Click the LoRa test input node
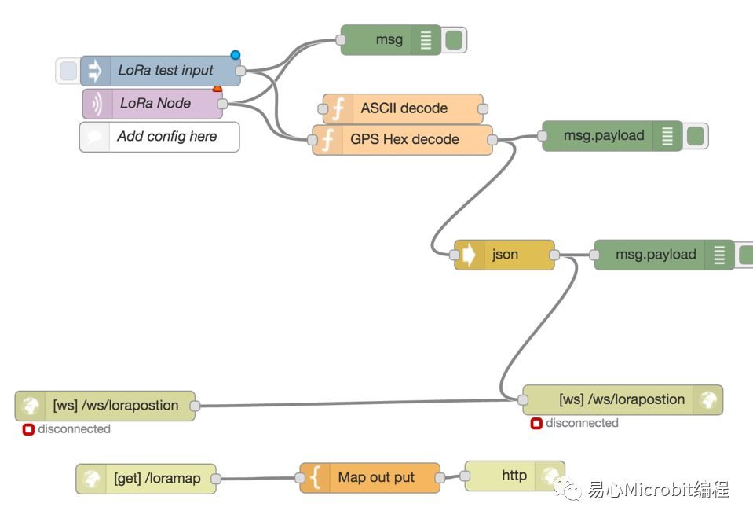click(166, 71)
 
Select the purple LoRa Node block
click(155, 103)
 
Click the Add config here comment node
click(166, 136)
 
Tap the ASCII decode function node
click(404, 108)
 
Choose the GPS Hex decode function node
click(404, 139)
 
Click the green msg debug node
click(389, 39)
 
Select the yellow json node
click(505, 255)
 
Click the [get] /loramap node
click(156, 478)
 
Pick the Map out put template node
click(376, 477)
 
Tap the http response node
click(514, 475)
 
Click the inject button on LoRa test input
click(68, 71)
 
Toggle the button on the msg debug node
click(454, 39)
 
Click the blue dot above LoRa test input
click(235, 55)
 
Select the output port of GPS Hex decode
click(492, 140)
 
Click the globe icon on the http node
click(550, 475)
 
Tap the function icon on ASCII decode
click(337, 109)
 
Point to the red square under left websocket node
click(27, 429)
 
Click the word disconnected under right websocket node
click(582, 423)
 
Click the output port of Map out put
click(440, 477)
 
